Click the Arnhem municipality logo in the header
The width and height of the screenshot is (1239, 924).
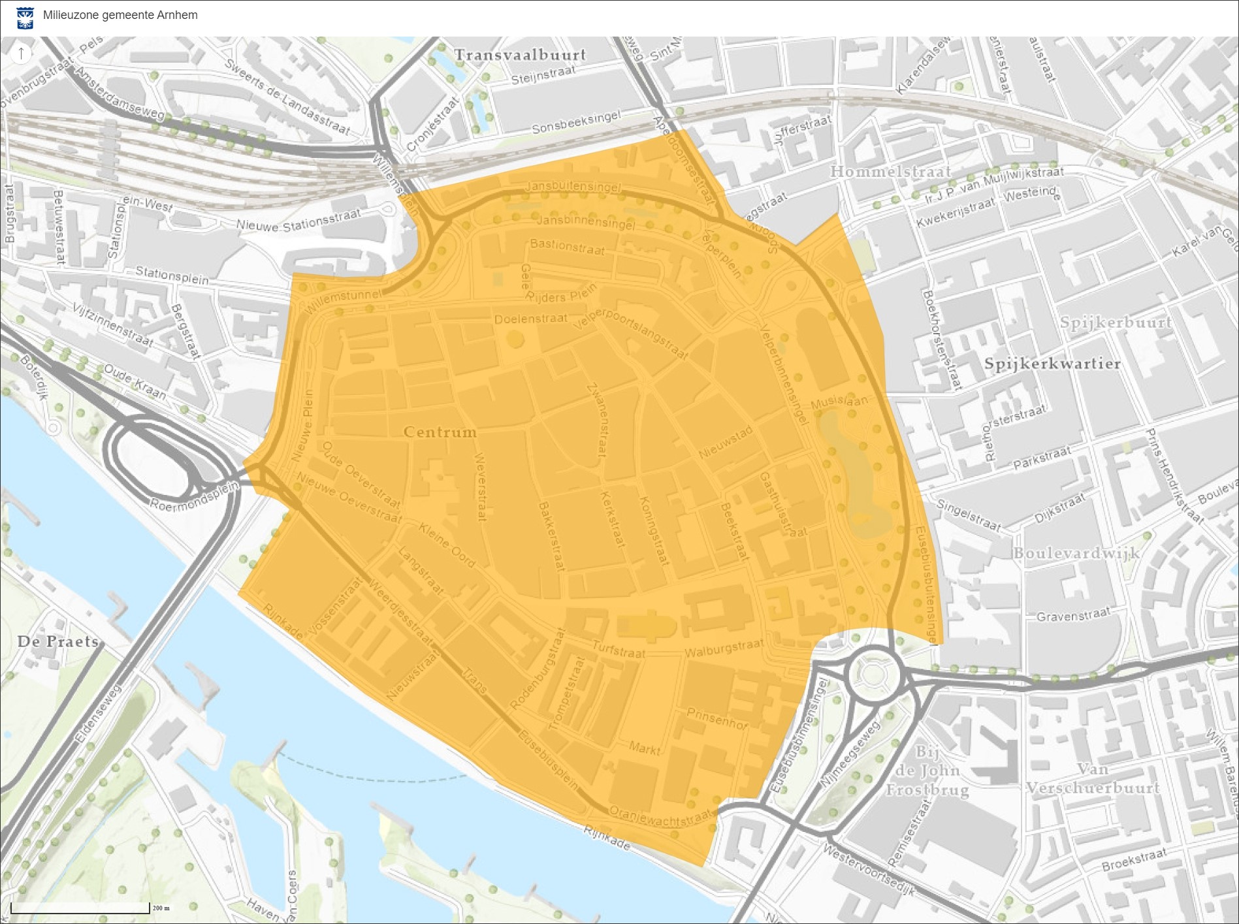[x=25, y=18]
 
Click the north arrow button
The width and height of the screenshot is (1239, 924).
[x=21, y=53]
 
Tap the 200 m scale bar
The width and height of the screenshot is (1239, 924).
[x=80, y=908]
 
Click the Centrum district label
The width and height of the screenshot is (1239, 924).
[x=440, y=432]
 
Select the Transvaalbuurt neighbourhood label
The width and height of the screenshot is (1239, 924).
[x=520, y=55]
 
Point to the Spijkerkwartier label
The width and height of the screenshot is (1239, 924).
[x=1052, y=364]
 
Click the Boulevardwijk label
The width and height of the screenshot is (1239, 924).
[x=1076, y=554]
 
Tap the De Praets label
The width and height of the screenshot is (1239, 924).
[x=58, y=641]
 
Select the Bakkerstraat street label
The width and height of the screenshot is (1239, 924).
[x=551, y=536]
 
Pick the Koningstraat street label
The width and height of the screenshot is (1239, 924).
[x=654, y=531]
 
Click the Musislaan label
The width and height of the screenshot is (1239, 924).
[x=839, y=402]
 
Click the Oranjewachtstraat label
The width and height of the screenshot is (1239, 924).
[x=660, y=816]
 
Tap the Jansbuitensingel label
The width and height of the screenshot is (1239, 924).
[x=573, y=186]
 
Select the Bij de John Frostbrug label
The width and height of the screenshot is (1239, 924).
[x=927, y=771]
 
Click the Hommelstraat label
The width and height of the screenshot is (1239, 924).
[x=890, y=172]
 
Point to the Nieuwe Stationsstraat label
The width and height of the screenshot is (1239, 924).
[x=298, y=221]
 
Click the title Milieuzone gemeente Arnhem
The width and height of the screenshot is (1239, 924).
[x=120, y=15]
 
